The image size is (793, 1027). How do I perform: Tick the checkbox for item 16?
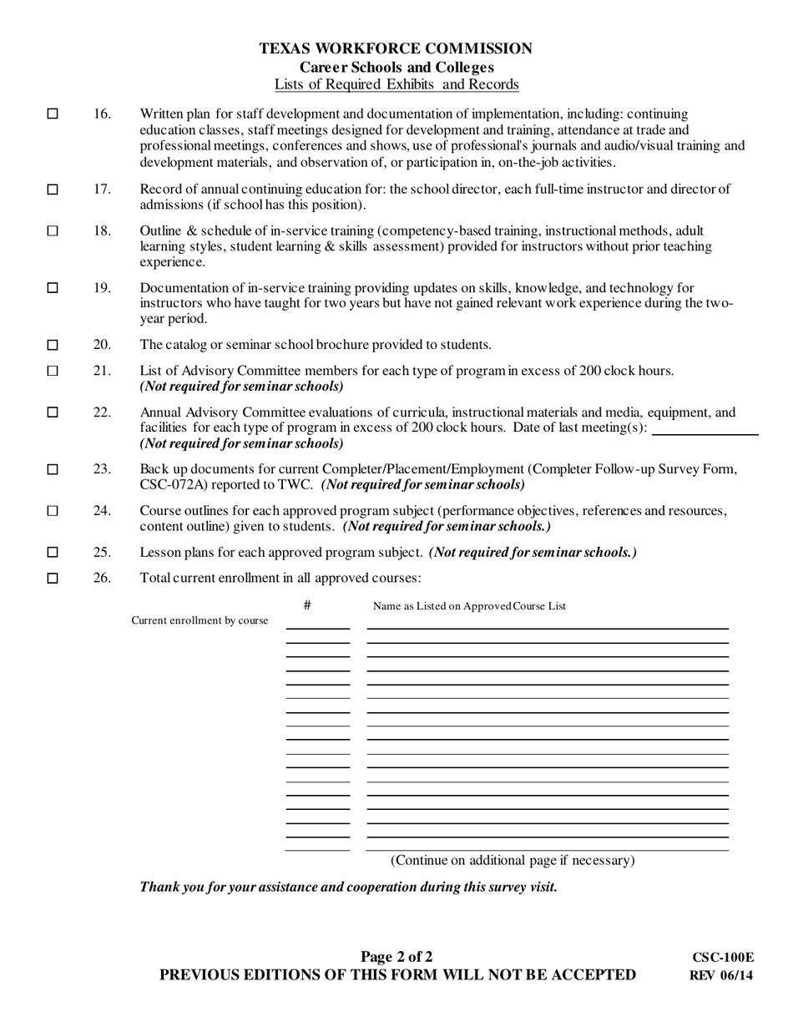[53, 114]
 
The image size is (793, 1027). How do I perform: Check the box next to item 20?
[53, 345]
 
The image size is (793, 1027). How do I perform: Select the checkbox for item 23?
[53, 469]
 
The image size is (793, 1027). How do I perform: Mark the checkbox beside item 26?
[53, 578]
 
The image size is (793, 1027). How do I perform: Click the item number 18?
[102, 230]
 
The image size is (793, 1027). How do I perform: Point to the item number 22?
[102, 412]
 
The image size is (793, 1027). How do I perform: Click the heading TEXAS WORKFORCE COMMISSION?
[396, 49]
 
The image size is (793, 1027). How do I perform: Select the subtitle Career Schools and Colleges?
[396, 68]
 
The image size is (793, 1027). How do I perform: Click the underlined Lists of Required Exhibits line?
[396, 84]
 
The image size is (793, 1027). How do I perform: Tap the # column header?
[307, 605]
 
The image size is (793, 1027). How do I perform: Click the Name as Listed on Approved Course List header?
[468, 606]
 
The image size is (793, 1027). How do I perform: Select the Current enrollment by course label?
[200, 620]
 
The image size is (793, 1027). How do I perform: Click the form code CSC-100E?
[722, 959]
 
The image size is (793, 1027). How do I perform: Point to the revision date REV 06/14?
[721, 975]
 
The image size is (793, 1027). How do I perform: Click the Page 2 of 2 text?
[396, 957]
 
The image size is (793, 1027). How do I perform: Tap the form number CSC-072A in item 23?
[174, 484]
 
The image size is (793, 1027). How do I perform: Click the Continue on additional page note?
[513, 860]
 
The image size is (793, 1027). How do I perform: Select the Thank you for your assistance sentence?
[348, 887]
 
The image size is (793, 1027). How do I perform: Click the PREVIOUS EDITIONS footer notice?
[397, 974]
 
